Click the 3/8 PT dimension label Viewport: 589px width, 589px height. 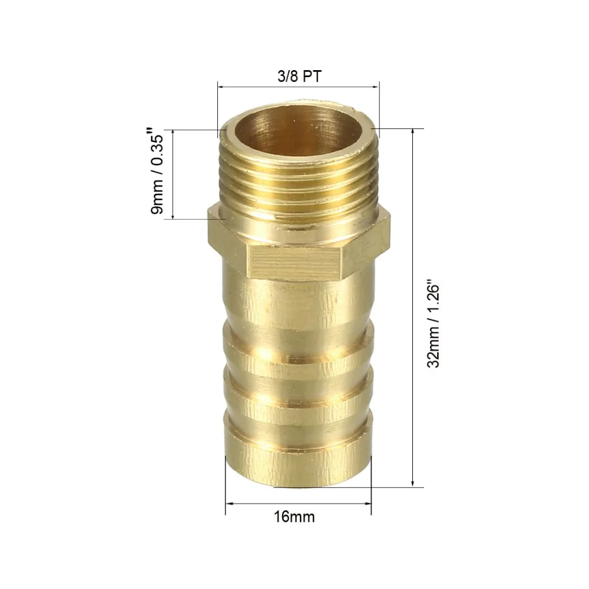point(299,76)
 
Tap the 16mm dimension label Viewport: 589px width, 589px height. point(294,517)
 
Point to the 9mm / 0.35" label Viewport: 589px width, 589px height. point(157,171)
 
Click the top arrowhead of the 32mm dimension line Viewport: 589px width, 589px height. point(413,132)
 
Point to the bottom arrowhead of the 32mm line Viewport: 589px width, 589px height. point(413,483)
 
